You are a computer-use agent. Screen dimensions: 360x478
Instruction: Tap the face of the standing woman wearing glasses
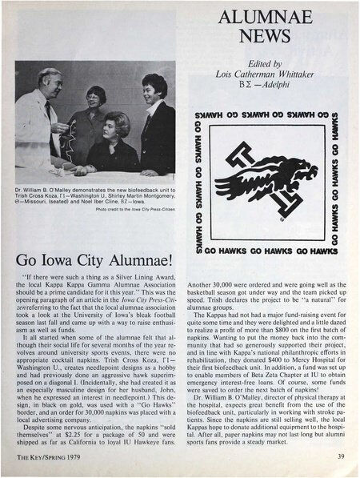coord(96,98)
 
